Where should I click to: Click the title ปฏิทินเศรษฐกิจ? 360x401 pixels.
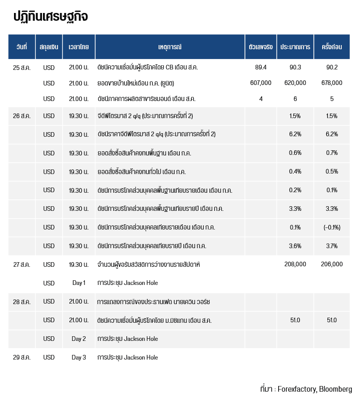(x=51, y=17)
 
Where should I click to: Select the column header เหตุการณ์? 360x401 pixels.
(x=170, y=47)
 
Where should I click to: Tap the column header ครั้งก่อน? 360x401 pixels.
(x=332, y=47)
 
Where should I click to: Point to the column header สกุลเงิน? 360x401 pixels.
(x=49, y=47)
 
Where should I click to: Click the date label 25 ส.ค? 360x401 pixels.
(x=22, y=68)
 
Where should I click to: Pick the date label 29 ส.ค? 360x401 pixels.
(x=22, y=357)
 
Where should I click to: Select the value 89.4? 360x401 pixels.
(x=261, y=67)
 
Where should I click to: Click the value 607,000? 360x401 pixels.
(x=261, y=83)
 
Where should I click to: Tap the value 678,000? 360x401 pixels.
(x=332, y=83)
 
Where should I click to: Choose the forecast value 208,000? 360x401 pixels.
(x=295, y=264)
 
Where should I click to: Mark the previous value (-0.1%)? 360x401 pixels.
(x=332, y=227)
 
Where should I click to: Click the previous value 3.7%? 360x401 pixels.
(x=332, y=246)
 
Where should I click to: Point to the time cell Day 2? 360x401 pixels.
(x=79, y=339)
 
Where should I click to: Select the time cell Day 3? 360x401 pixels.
(x=79, y=357)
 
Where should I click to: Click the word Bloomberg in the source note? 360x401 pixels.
(x=336, y=389)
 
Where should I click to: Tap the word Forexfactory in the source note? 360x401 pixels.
(x=297, y=389)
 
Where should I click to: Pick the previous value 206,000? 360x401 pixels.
(x=332, y=264)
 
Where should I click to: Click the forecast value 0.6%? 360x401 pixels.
(x=295, y=153)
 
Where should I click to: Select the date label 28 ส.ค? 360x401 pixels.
(x=22, y=302)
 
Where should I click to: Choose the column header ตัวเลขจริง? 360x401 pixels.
(x=261, y=47)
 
